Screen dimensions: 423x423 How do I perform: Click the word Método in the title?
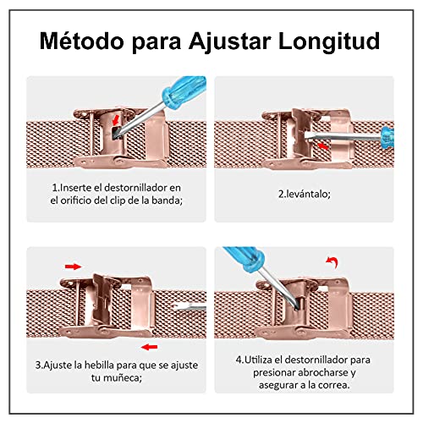click(81, 41)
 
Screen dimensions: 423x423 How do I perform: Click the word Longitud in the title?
click(329, 41)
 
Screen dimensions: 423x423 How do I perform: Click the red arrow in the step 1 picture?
click(116, 119)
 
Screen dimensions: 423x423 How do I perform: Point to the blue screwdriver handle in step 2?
click(387, 138)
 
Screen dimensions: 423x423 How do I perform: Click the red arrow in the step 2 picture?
click(323, 146)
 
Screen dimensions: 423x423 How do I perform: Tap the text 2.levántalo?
click(305, 194)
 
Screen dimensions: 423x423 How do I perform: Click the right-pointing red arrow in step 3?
click(73, 266)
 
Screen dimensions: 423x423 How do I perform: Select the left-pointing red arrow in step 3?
click(149, 347)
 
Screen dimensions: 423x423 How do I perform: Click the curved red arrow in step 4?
click(332, 262)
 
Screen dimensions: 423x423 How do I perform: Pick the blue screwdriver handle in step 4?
click(244, 258)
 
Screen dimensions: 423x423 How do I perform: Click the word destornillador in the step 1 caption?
click(135, 188)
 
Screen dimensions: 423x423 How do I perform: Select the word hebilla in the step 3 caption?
click(99, 365)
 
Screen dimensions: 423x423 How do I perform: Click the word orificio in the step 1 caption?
click(76, 201)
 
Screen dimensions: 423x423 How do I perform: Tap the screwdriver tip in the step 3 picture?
click(177, 307)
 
